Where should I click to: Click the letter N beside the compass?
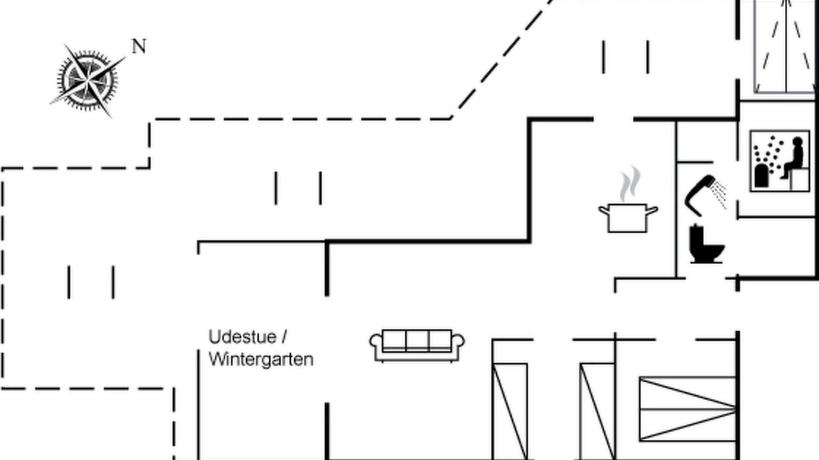(x=139, y=47)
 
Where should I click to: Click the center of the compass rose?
(x=88, y=80)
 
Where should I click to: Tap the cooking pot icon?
(x=628, y=218)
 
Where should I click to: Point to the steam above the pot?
(x=630, y=183)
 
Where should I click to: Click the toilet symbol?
(x=706, y=244)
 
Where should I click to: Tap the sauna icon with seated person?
(x=779, y=161)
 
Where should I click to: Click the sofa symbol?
(x=417, y=346)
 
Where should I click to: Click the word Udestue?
(x=243, y=337)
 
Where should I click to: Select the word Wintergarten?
(x=261, y=360)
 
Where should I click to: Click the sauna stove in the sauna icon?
(x=761, y=176)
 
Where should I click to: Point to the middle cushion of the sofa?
(x=417, y=341)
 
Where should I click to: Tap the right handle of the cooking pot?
(x=652, y=210)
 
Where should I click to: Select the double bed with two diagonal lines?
(x=688, y=409)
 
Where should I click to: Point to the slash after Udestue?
(x=284, y=337)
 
